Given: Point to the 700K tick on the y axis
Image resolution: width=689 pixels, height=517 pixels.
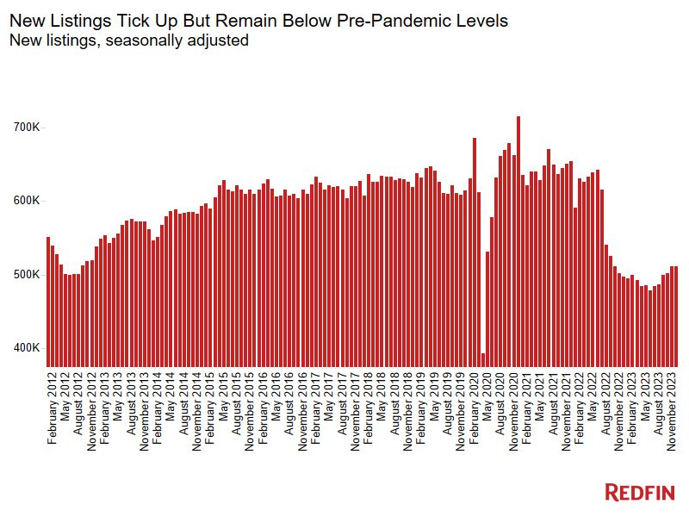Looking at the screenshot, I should point(26,128).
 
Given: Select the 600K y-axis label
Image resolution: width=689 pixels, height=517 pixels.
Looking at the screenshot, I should point(26,201).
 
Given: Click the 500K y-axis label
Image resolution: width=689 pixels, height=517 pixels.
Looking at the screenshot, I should point(26,274).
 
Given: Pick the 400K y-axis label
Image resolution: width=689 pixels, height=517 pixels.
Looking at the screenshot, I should point(26,348).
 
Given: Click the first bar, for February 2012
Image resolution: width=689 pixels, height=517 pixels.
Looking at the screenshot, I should point(48,302).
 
